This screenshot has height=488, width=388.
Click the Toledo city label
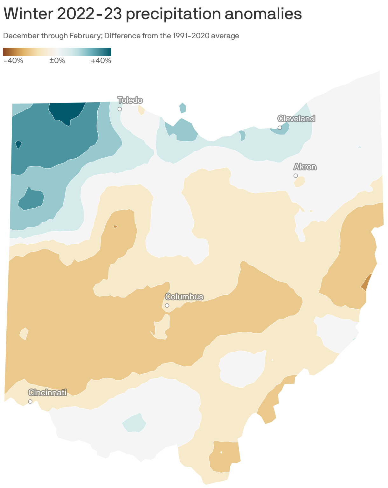click(130, 100)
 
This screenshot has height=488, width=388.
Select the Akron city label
click(305, 167)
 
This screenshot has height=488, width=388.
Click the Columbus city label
click(184, 297)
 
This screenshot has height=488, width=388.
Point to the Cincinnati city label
click(47, 392)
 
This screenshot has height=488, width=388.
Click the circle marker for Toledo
click(120, 109)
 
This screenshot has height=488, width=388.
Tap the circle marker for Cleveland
click(280, 128)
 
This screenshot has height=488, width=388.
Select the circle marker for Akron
click(295, 176)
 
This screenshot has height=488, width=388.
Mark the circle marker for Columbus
click(167, 305)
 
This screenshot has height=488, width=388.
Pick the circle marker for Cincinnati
click(30, 401)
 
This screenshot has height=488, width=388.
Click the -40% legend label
click(13, 61)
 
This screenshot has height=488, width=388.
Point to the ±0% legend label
click(57, 61)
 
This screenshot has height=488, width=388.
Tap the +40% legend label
click(101, 61)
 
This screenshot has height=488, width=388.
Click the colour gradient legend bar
click(57, 52)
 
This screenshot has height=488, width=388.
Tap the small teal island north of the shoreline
click(183, 108)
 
